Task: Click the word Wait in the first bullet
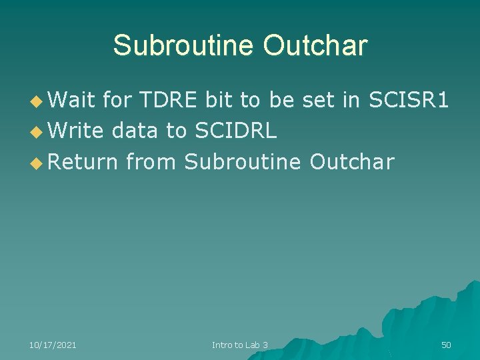click(x=71, y=100)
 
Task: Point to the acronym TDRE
click(x=168, y=100)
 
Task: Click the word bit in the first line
click(x=219, y=100)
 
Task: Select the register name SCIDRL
click(x=235, y=131)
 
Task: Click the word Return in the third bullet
click(x=83, y=161)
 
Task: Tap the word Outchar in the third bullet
click(x=353, y=161)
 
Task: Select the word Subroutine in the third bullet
click(x=243, y=161)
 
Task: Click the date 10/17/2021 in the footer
click(x=53, y=345)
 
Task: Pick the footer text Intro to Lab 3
click(x=240, y=345)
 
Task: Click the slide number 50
click(x=446, y=345)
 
